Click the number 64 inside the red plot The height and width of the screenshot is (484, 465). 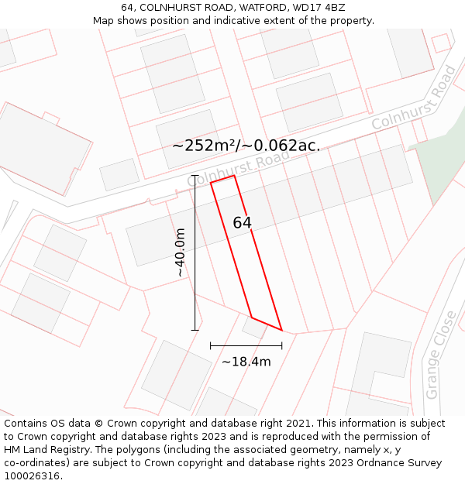click(242, 223)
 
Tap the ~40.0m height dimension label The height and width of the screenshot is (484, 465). click(180, 252)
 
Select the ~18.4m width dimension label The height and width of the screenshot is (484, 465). click(246, 362)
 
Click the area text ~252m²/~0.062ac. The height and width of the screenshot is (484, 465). click(246, 146)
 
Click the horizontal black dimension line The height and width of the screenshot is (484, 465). click(246, 345)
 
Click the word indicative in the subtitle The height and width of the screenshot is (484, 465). click(240, 20)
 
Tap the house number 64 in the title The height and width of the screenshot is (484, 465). click(127, 8)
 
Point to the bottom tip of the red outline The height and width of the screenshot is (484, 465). click(281, 330)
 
